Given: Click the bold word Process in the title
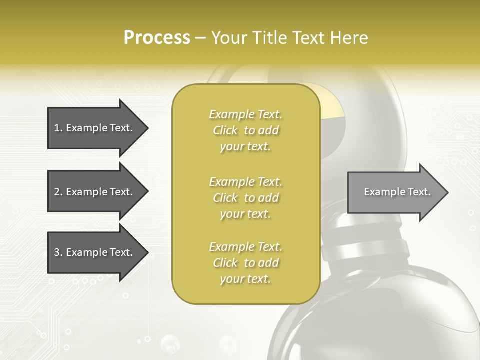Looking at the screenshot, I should pyautogui.click(x=157, y=38).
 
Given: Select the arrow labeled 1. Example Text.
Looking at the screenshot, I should pyautogui.click(x=95, y=128).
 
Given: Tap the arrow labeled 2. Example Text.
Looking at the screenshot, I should pyautogui.click(x=95, y=192).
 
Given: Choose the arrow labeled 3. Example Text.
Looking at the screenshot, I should pyautogui.click(x=95, y=252).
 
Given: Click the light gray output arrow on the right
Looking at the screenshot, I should pyautogui.click(x=395, y=192).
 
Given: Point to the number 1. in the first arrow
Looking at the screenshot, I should pyautogui.click(x=58, y=128).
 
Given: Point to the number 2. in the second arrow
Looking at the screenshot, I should pyautogui.click(x=58, y=192).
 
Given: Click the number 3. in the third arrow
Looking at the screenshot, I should pyautogui.click(x=58, y=252).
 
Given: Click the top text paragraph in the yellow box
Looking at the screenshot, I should pyautogui.click(x=245, y=130).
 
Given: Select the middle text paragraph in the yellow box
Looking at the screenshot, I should pyautogui.click(x=245, y=198).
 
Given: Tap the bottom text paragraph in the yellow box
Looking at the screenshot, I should pyautogui.click(x=245, y=263).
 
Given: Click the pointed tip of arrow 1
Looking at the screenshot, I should pyautogui.click(x=147, y=128).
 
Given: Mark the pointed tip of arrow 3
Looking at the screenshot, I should pyautogui.click(x=147, y=252).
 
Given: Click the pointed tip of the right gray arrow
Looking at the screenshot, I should pyautogui.click(x=447, y=192).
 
